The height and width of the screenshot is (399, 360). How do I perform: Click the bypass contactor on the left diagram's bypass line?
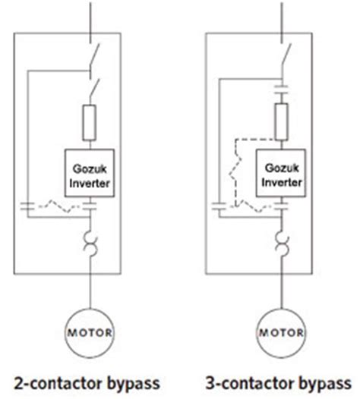[x=28, y=205]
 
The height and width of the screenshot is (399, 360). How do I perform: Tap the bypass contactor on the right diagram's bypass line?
[x=219, y=205]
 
